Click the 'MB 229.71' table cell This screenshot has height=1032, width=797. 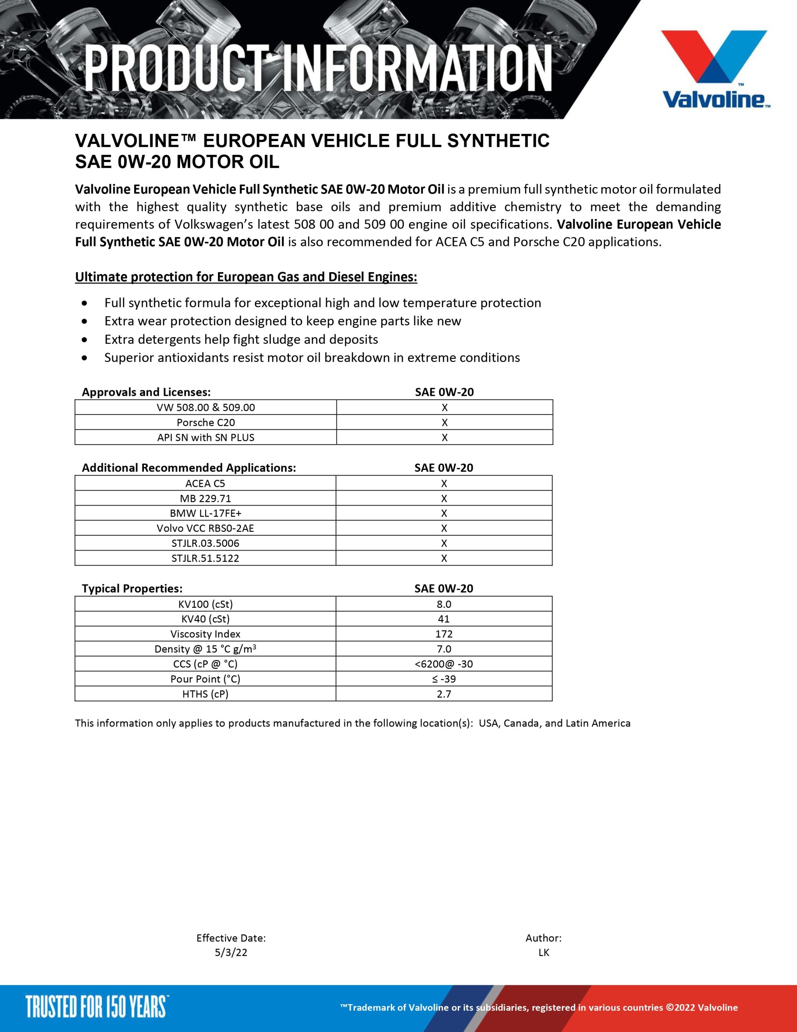(x=205, y=498)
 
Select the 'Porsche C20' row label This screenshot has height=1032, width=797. (x=205, y=422)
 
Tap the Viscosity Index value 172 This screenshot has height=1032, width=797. (x=444, y=634)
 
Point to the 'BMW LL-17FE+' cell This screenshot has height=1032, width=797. (x=205, y=513)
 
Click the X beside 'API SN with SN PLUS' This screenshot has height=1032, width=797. (x=444, y=437)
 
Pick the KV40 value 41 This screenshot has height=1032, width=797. (x=444, y=618)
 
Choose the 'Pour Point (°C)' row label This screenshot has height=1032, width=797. (x=205, y=679)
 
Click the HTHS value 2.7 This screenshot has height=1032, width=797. (x=444, y=694)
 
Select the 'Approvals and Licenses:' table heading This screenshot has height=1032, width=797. (x=146, y=392)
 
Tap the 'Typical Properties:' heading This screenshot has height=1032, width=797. (x=132, y=588)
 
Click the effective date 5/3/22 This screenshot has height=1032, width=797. (x=231, y=952)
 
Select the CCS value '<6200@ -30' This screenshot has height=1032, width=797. (x=444, y=664)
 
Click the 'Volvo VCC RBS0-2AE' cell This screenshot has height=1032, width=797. (x=205, y=528)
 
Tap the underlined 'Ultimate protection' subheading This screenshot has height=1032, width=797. (x=246, y=277)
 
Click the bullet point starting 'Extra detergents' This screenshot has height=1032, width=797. (x=241, y=339)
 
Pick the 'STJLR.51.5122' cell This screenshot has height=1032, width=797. (x=205, y=558)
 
